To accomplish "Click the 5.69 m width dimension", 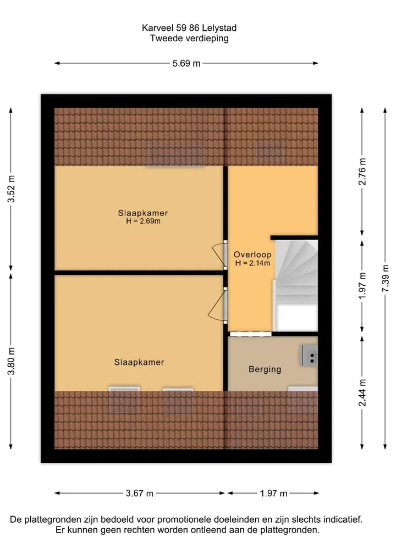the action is (186, 63).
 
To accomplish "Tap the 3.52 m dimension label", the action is (12, 189).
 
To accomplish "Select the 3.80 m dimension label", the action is (12, 361).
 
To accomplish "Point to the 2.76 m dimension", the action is (362, 171).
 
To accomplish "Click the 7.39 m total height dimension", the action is (386, 279).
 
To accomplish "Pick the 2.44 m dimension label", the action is (362, 392).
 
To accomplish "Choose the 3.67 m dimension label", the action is (140, 494).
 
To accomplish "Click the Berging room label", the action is (265, 369).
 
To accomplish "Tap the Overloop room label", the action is (252, 254).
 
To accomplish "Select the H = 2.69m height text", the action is (143, 221).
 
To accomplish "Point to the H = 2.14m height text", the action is (252, 263).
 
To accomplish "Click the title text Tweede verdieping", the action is (189, 38).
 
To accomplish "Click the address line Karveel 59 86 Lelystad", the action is (189, 28).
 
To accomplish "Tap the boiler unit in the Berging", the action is (309, 355).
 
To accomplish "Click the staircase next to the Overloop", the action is (296, 285).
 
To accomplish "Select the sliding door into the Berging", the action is (250, 334).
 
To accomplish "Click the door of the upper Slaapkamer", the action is (220, 254).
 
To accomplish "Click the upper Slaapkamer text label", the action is (142, 213).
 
